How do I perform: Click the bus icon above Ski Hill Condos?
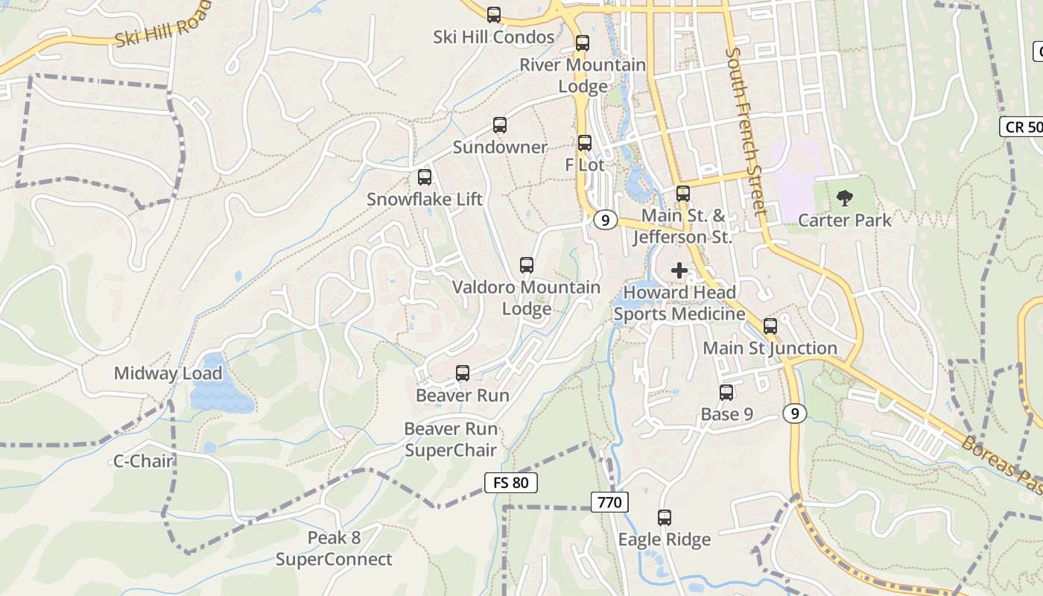click(x=493, y=15)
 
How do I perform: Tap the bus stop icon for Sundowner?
click(x=499, y=125)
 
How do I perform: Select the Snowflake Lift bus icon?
click(x=424, y=177)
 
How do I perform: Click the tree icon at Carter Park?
click(x=844, y=198)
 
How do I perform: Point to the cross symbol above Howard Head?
click(x=679, y=270)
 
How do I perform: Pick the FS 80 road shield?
click(x=510, y=483)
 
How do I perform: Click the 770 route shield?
click(x=609, y=503)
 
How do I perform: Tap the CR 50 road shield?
click(x=1022, y=127)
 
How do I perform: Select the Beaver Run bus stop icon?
click(x=462, y=373)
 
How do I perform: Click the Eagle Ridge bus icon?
click(x=664, y=517)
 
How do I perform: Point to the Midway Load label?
click(x=168, y=373)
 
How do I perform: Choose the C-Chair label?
click(x=143, y=461)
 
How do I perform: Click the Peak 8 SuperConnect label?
click(x=334, y=548)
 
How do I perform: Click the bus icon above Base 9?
click(x=726, y=393)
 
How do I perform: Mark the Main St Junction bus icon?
click(x=770, y=326)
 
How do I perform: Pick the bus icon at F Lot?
click(x=584, y=143)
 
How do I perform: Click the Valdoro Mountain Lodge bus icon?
click(x=526, y=265)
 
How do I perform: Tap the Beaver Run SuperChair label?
click(x=451, y=440)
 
